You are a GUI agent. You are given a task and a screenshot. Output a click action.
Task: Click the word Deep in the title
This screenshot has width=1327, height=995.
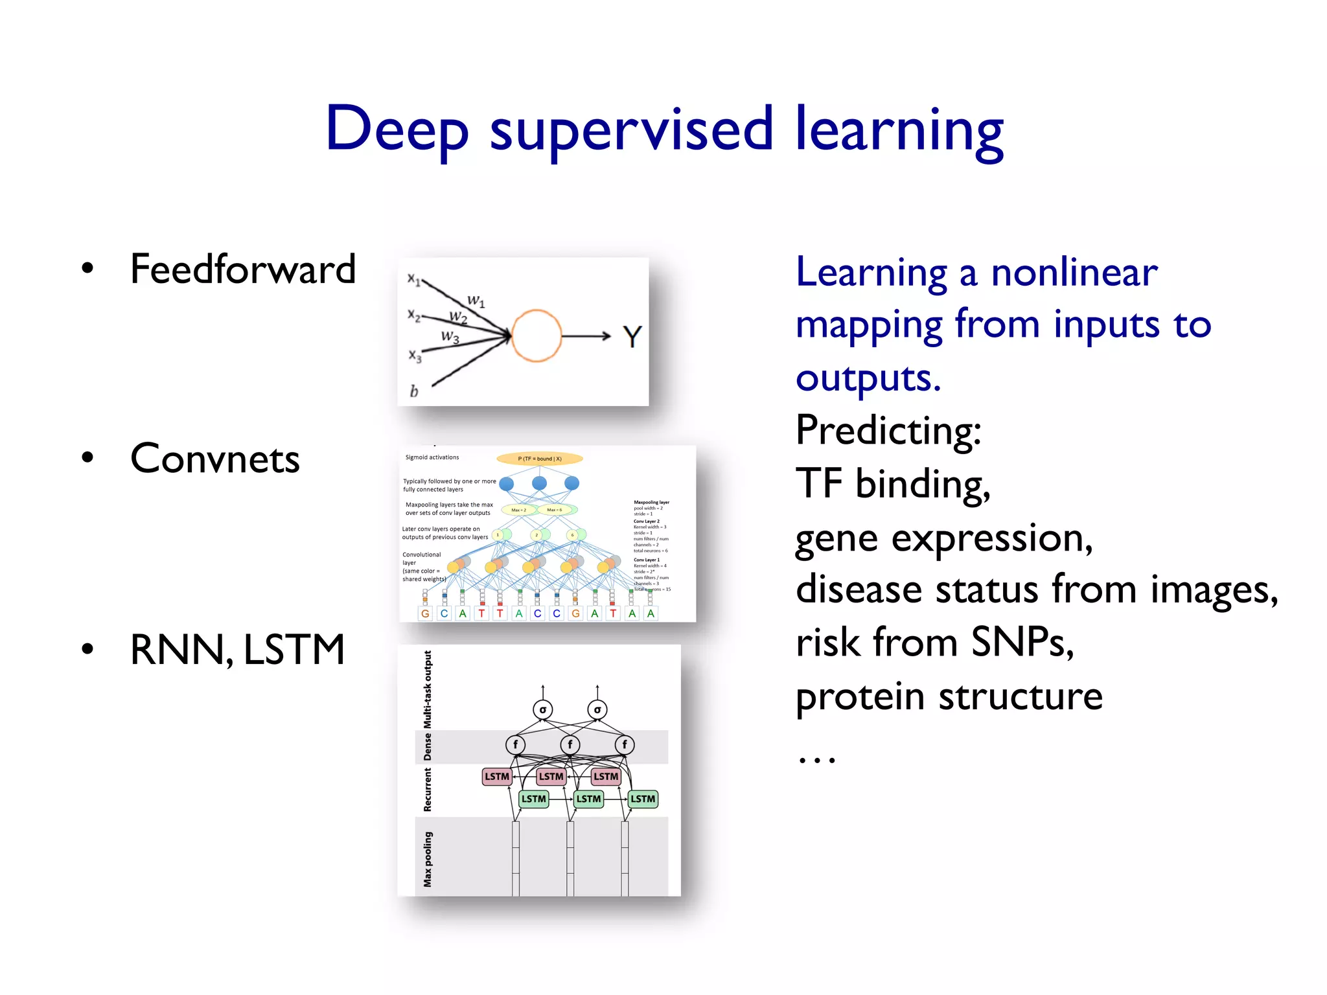point(397,130)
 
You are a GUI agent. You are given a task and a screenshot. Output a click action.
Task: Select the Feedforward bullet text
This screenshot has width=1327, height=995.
point(243,269)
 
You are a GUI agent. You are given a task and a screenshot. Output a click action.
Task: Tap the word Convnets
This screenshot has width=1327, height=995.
point(214,459)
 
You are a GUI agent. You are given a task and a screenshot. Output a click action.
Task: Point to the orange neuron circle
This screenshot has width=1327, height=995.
point(537,336)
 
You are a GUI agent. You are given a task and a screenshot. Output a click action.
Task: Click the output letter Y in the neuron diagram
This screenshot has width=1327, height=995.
point(632,337)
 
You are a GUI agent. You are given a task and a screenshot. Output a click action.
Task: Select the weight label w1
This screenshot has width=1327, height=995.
point(476,301)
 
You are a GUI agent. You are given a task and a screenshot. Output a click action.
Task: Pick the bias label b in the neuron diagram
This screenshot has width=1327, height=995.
point(414,391)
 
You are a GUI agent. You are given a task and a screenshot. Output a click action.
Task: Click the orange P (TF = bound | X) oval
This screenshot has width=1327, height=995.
point(540,459)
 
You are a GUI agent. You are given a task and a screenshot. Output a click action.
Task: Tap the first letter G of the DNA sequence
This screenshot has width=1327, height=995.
point(425,613)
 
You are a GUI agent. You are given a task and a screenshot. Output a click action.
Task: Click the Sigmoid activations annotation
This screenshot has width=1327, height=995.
point(432,457)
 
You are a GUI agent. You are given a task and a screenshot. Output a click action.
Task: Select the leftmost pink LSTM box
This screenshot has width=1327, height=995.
point(497,776)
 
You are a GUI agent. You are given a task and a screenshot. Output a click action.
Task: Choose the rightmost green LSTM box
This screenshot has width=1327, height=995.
point(643,799)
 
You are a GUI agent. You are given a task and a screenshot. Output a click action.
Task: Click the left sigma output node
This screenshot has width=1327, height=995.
point(543,709)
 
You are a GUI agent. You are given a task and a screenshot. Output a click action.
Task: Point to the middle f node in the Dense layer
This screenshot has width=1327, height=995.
point(570,744)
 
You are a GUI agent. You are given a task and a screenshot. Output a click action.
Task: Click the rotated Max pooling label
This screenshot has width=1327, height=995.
point(428,859)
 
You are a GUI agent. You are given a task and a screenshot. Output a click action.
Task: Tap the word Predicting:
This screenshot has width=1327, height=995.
point(888,430)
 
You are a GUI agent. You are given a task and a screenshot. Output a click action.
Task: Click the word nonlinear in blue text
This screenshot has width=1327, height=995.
point(1074,272)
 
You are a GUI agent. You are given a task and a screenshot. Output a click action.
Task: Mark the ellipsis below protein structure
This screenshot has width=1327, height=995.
point(817,759)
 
